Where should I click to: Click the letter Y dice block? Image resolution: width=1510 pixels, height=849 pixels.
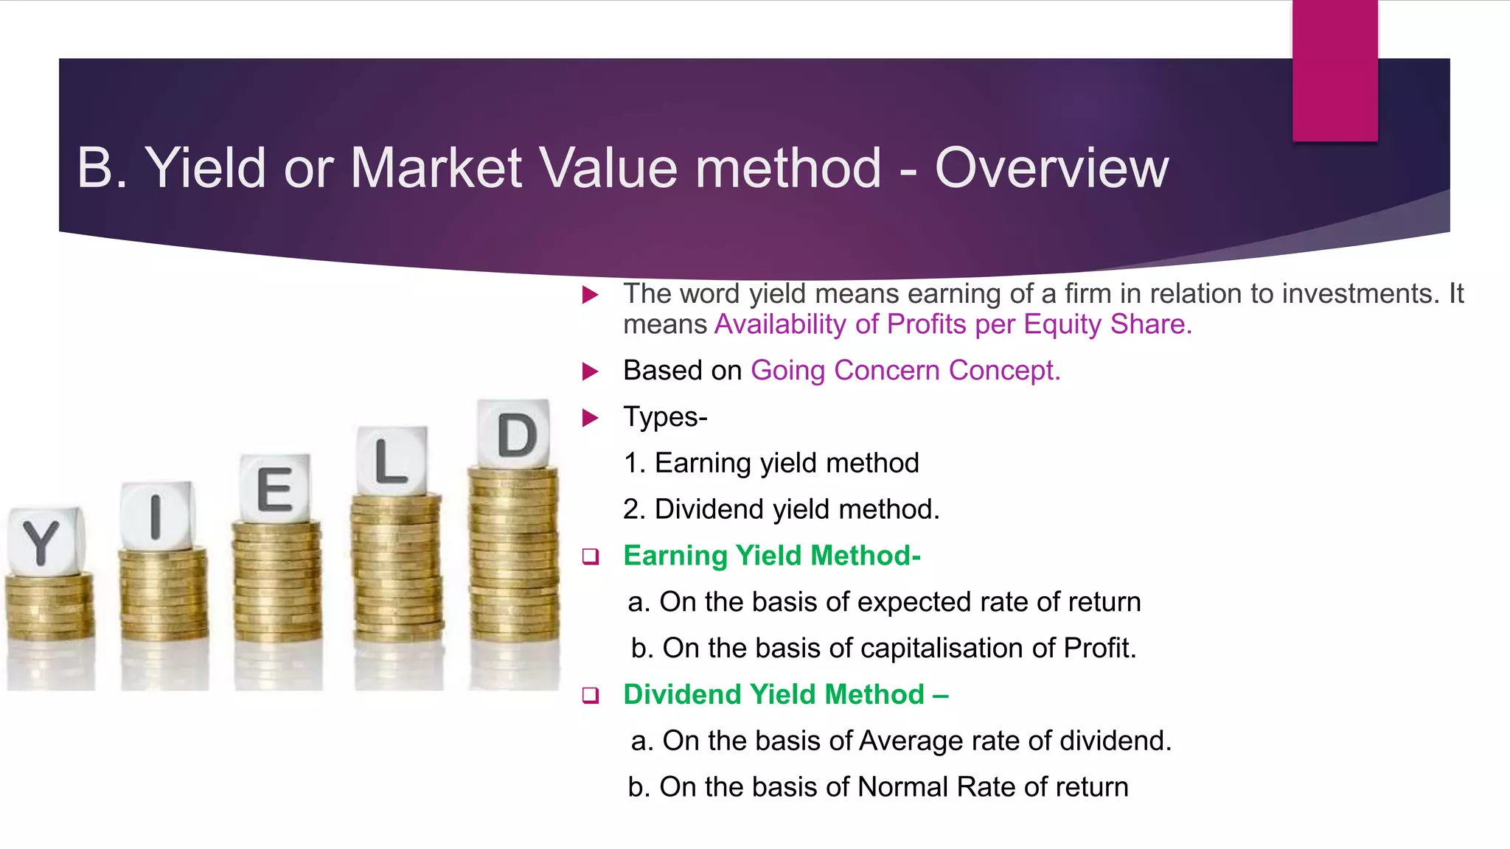44,542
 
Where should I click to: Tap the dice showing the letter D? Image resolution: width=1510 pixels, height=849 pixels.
514,434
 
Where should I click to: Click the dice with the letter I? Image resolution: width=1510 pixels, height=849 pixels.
157,515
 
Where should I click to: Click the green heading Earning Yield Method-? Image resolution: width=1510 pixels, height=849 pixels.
771,556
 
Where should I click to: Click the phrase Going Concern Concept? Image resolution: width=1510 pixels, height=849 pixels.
905,370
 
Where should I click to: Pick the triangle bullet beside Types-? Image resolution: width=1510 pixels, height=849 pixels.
590,418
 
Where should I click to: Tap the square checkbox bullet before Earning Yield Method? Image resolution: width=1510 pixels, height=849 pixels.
590,556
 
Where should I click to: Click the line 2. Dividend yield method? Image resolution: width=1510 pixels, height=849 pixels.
781,509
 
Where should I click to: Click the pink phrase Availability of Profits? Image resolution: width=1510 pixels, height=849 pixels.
841,324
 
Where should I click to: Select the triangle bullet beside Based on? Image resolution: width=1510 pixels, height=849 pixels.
590,371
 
